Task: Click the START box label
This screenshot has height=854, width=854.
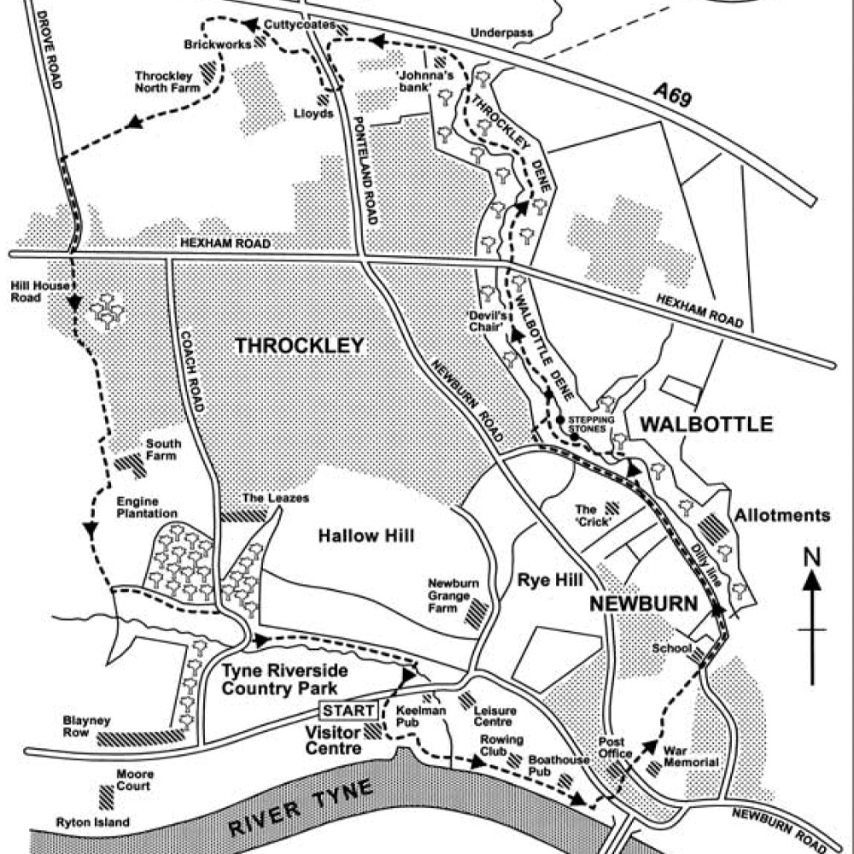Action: [348, 711]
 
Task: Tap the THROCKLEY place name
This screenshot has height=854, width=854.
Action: [299, 346]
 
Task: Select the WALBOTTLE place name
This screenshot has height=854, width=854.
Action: [706, 424]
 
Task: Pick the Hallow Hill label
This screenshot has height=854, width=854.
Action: [366, 535]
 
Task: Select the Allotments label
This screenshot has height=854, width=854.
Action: [782, 515]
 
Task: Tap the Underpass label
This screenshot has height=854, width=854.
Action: [501, 33]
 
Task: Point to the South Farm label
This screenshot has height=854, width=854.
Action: [161, 449]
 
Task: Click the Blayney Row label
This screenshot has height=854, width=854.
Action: [87, 726]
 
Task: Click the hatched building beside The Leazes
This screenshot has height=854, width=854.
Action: [244, 516]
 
